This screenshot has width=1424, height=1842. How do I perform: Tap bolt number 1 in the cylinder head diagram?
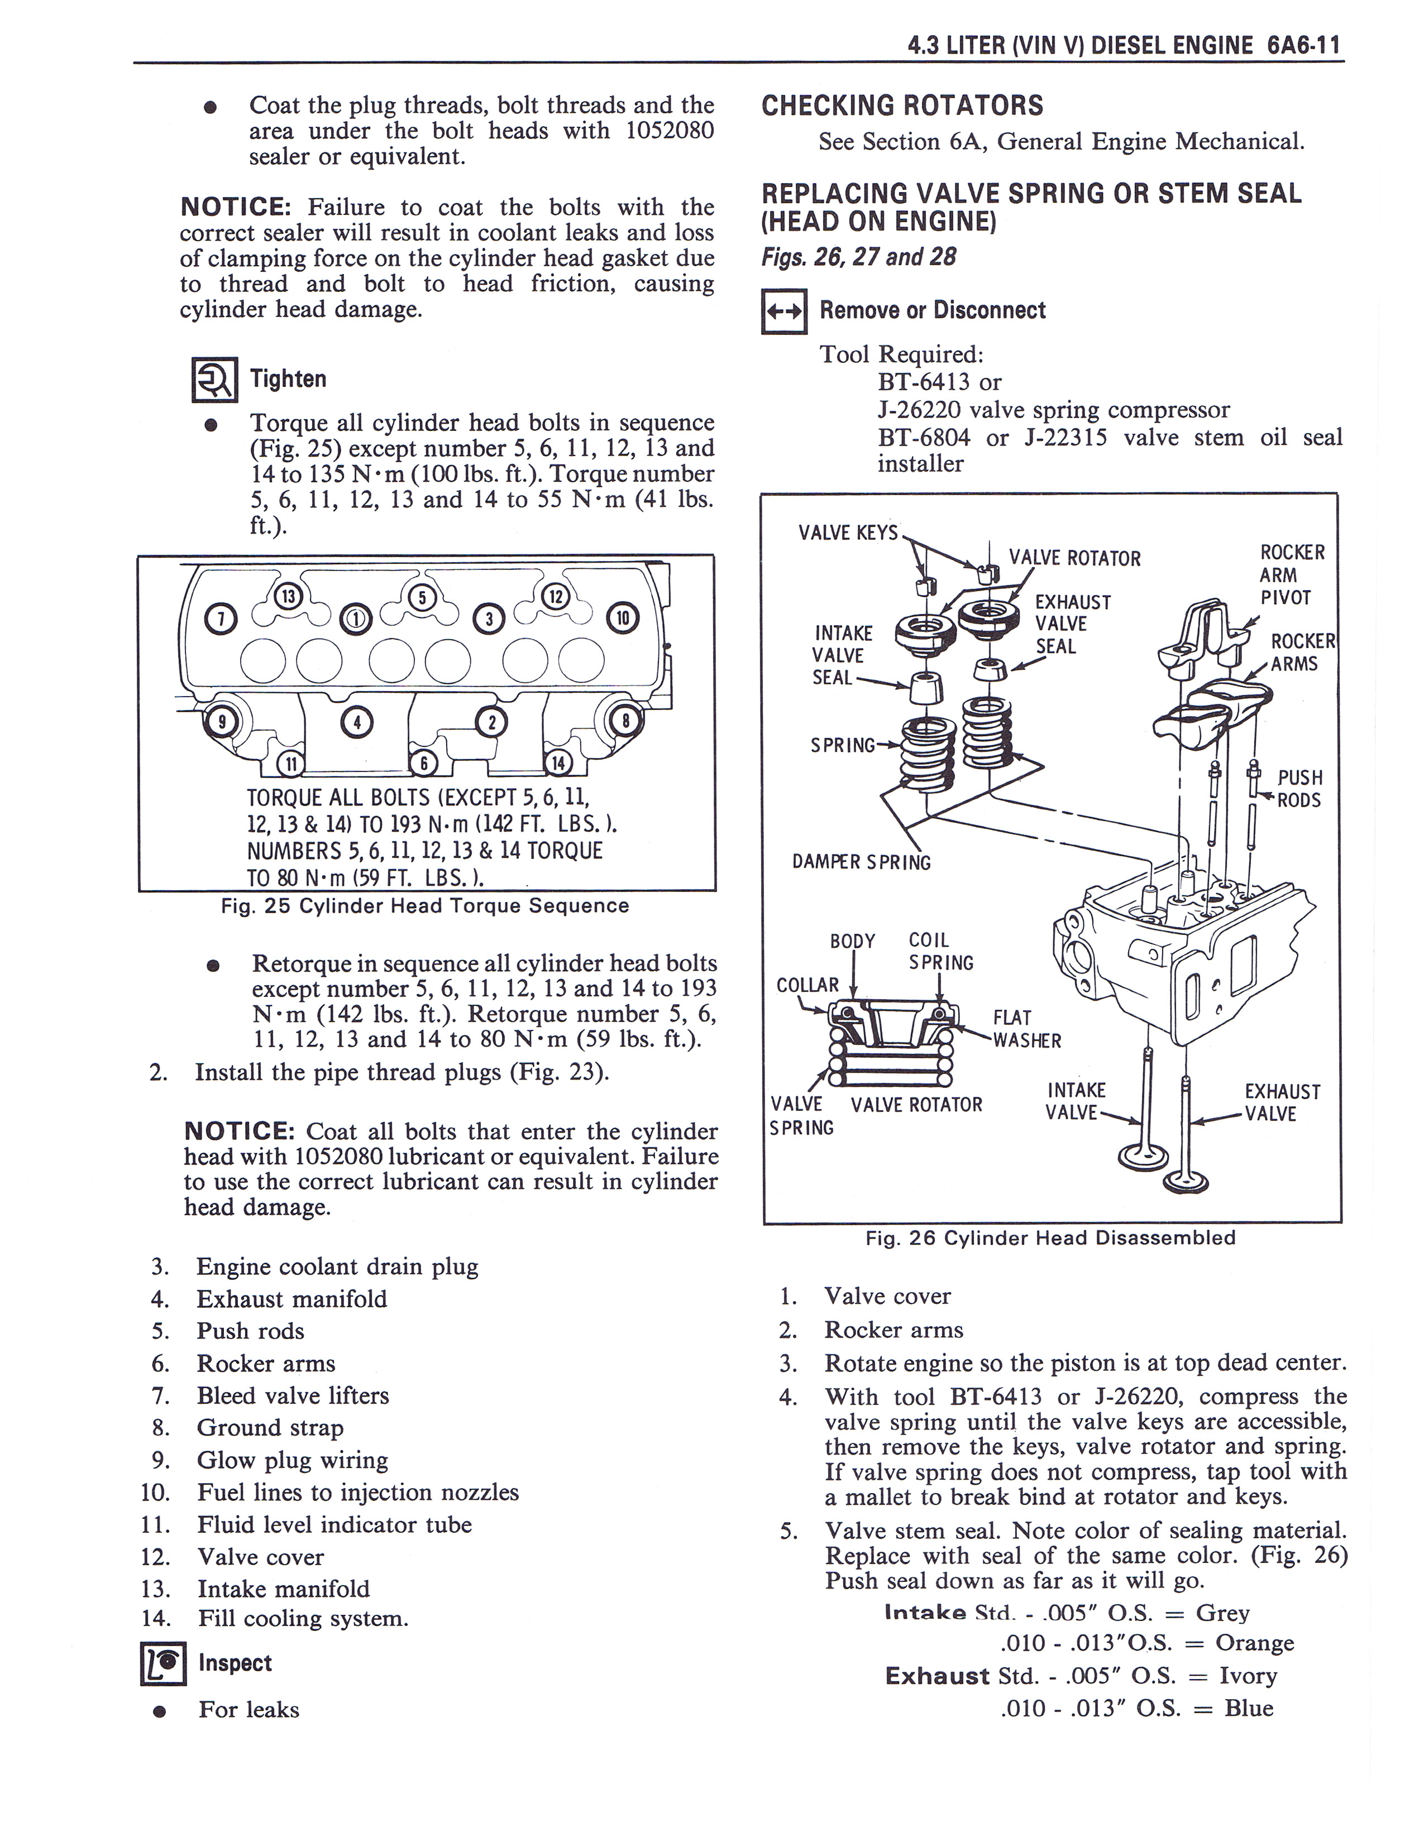tap(354, 619)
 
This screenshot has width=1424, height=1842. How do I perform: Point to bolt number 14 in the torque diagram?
tap(558, 763)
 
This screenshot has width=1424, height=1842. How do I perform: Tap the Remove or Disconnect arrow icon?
tap(783, 311)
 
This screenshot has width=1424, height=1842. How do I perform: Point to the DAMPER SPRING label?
tap(861, 862)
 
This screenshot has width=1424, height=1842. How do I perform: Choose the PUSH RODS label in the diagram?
tap(1299, 789)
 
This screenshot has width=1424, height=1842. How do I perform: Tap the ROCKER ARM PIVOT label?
tap(1285, 575)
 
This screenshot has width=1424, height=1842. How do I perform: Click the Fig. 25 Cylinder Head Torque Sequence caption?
tap(425, 906)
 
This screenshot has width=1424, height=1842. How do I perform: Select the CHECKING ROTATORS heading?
tap(902, 106)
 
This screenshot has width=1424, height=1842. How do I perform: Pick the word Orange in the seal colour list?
tap(1254, 1642)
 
